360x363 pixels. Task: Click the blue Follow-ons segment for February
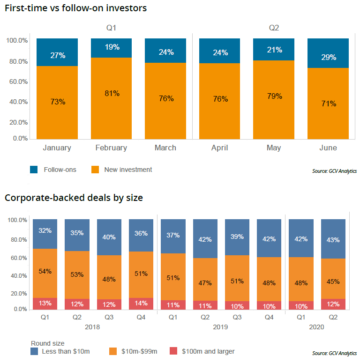click(111, 48)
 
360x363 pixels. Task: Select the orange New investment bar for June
click(328, 103)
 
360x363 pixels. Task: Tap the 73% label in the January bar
click(57, 102)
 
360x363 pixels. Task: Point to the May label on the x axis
click(274, 148)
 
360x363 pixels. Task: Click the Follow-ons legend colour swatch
click(34, 170)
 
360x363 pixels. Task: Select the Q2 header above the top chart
click(274, 28)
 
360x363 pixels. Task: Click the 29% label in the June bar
click(328, 57)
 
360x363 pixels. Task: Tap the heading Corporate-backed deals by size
click(74, 198)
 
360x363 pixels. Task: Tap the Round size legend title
click(47, 343)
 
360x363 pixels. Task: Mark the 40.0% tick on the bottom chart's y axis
click(19, 276)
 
